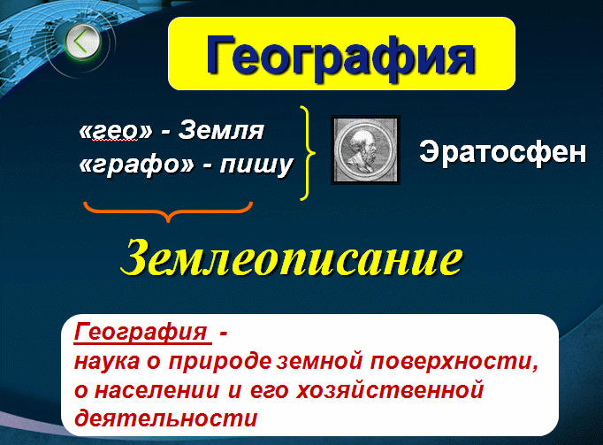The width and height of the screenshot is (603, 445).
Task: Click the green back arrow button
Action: [82, 42]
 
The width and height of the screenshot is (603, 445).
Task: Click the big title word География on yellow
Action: [340, 57]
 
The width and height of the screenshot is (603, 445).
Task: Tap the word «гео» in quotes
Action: [116, 131]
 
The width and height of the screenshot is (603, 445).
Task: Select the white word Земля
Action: [221, 130]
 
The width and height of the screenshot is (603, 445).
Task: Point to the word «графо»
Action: [136, 165]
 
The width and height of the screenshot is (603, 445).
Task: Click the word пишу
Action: [256, 165]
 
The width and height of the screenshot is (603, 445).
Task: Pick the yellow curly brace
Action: [308, 153]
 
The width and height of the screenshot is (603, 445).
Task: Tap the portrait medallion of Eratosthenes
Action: [365, 150]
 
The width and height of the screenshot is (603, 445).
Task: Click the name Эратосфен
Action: [502, 152]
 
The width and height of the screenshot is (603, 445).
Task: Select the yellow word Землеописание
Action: [292, 257]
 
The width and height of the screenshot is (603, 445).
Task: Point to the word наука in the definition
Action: [107, 362]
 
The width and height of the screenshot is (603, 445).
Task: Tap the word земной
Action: [319, 361]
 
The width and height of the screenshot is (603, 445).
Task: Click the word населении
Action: [157, 390]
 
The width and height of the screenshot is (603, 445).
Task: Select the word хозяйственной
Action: [390, 390]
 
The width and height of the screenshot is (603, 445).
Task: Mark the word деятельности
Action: [165, 418]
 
